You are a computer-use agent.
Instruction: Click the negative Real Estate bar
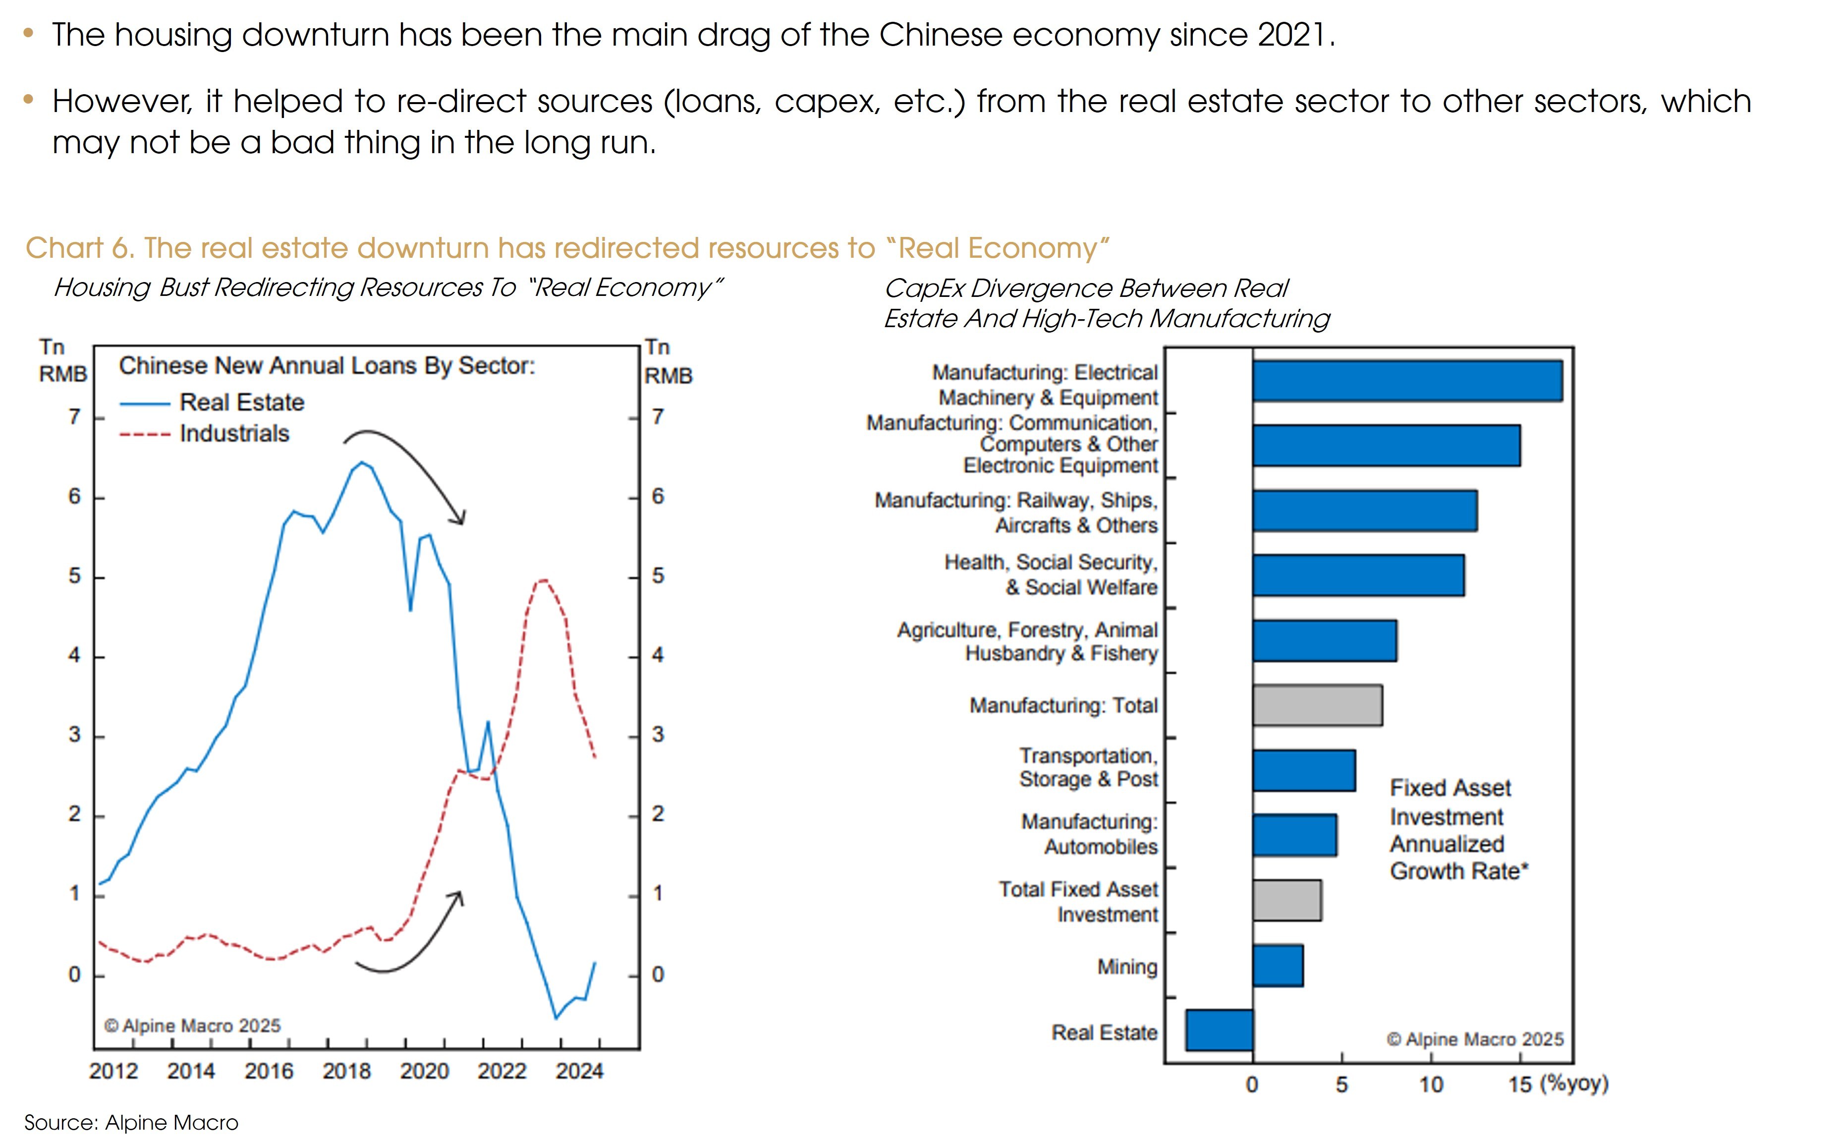(1220, 1030)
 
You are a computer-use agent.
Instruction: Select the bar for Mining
(1278, 966)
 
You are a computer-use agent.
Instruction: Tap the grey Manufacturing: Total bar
(1317, 705)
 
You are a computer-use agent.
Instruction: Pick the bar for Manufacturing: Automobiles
(1294, 835)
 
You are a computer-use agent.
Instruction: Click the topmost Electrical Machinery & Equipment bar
(1407, 381)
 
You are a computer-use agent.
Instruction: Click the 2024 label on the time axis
(579, 1071)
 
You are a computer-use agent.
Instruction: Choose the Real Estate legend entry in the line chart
(241, 402)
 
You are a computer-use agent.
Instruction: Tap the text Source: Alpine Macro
(131, 1123)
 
